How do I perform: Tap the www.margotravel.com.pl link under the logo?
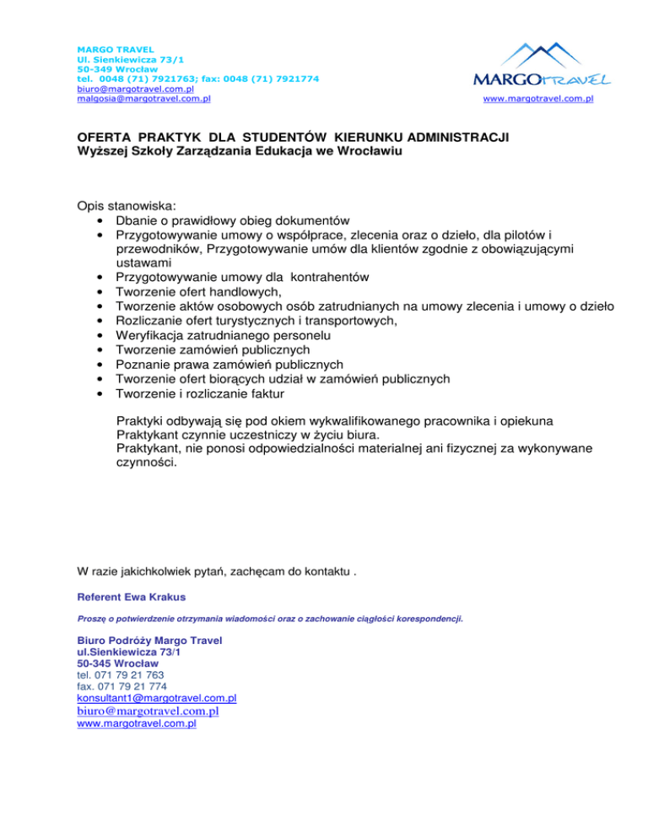[x=537, y=99]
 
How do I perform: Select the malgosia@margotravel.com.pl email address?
[x=143, y=98]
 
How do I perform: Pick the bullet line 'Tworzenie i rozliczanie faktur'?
[x=201, y=393]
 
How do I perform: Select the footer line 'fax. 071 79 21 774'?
[x=116, y=686]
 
